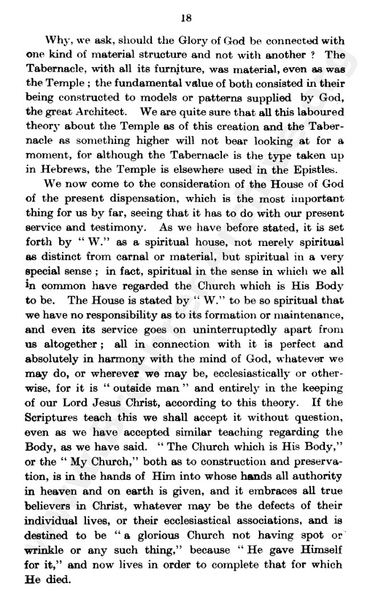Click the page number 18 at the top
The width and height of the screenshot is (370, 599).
pyautogui.click(x=185, y=18)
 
